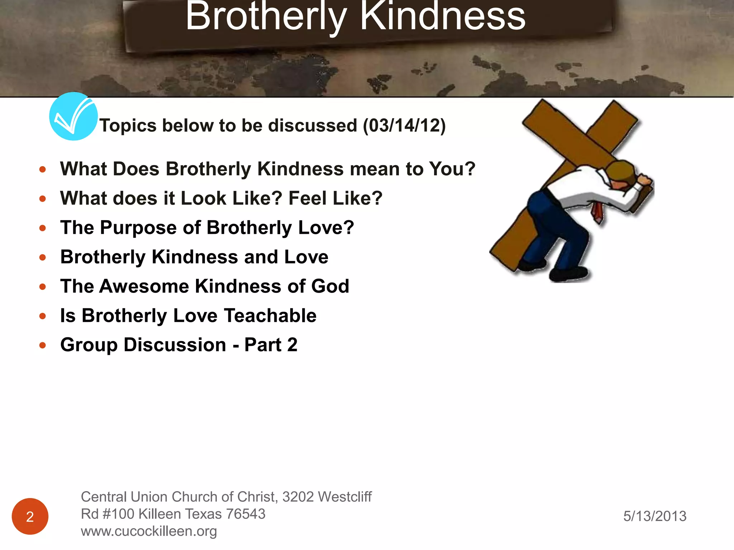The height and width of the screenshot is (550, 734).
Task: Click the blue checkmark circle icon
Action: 73,116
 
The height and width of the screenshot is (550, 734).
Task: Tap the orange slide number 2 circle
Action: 30,516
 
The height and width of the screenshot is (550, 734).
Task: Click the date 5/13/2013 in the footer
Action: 655,516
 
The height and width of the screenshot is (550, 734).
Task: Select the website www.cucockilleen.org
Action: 149,531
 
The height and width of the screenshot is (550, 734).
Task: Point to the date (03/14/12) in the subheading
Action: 404,126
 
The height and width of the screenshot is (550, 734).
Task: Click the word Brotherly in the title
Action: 266,17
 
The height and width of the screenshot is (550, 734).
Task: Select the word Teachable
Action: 270,316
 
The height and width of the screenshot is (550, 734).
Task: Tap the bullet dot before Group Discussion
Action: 43,345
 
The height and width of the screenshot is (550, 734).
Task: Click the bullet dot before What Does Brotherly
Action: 43,169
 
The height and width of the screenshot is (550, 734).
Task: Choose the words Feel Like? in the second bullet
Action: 335,198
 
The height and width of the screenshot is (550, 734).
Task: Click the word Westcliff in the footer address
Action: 345,497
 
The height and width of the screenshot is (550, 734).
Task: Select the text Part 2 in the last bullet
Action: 271,345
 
